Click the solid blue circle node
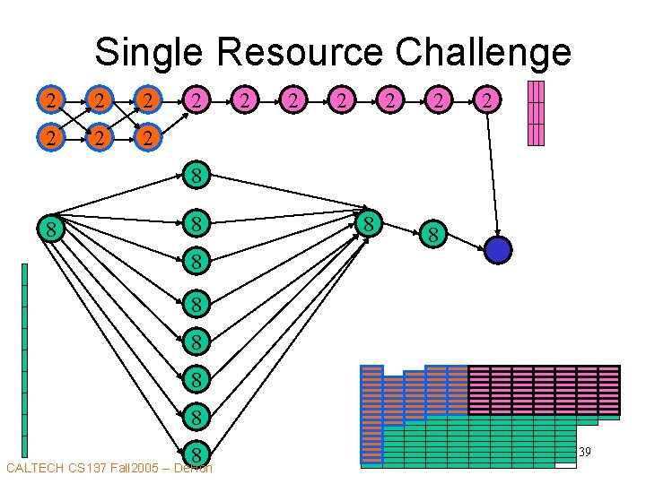tap(497, 250)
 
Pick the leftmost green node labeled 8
tap(52, 230)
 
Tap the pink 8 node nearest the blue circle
tap(432, 236)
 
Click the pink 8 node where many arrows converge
tap(368, 222)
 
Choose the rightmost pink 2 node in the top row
tap(486, 99)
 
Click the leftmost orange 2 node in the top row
tap(53, 99)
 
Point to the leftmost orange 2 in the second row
tap(53, 138)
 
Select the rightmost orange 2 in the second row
tap(147, 138)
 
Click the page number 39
tap(584, 453)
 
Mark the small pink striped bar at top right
tap(537, 113)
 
